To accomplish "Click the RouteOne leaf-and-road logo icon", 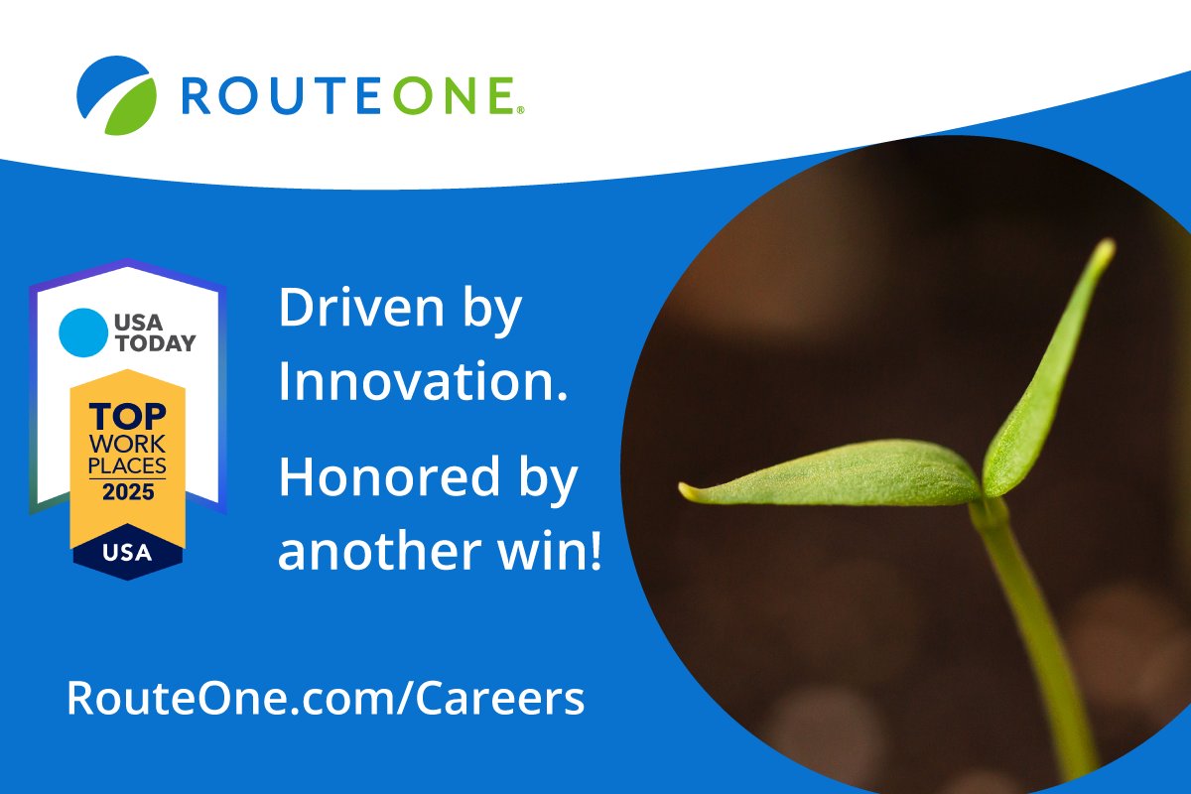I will coord(116,94).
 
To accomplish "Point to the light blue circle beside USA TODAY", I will coord(82,331).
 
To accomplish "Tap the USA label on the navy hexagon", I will coord(127,552).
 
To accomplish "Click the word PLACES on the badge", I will coord(127,465).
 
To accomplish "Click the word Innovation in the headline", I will coord(417,381).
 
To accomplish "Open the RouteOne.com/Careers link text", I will coord(326,698).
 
